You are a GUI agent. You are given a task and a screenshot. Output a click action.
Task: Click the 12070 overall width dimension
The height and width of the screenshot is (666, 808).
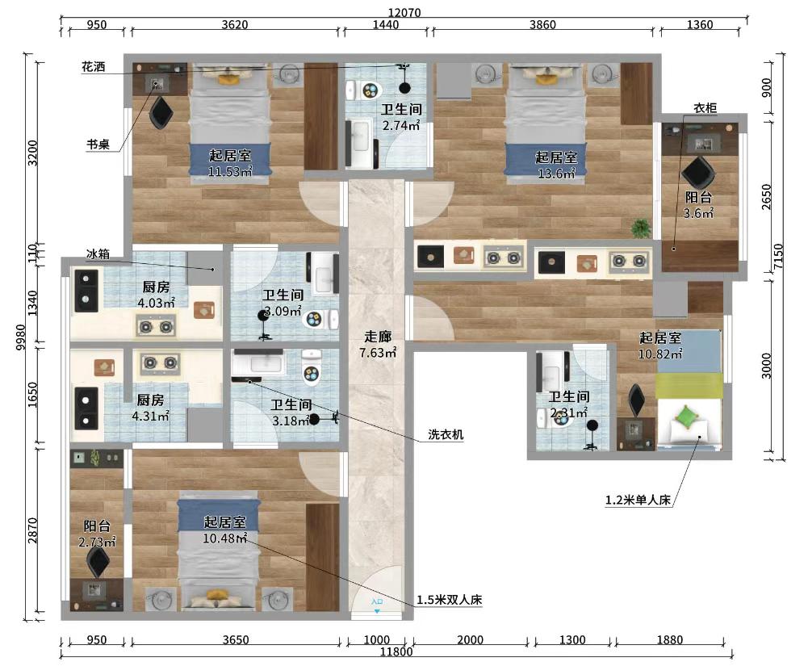404,13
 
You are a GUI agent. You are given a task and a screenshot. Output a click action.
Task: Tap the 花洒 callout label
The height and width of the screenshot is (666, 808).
94,67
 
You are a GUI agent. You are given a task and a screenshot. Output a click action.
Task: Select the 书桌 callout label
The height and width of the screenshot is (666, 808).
98,145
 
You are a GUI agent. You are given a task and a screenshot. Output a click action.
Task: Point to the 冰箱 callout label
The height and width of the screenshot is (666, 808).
98,254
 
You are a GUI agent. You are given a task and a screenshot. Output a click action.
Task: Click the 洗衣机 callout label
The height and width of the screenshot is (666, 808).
446,434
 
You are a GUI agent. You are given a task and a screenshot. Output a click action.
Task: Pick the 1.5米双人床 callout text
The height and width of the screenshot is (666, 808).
450,600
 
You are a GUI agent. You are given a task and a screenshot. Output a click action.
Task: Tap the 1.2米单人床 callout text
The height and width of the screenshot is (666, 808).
638,500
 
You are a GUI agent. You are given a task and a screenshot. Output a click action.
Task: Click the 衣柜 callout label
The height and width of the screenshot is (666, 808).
705,108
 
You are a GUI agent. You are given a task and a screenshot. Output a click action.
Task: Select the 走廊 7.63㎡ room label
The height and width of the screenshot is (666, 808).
378,345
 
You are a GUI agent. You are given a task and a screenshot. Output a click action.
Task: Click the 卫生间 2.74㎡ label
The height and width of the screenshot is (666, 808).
401,117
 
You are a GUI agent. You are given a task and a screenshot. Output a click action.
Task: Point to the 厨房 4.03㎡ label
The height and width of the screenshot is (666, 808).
156,295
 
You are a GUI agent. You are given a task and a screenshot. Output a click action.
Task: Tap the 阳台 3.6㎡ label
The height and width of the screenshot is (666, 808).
698,205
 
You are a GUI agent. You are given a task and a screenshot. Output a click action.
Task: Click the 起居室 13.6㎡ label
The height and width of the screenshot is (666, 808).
556,165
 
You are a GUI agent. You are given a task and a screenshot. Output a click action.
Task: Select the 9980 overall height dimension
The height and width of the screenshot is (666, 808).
21,337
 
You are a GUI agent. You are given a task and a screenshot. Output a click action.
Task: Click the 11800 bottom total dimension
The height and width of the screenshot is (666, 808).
396,652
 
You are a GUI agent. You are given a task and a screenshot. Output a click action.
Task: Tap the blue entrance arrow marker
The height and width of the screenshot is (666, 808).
377,610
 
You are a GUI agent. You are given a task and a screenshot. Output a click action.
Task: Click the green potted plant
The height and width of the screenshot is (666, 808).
641,228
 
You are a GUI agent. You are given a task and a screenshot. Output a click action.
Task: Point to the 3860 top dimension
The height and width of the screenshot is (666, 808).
542,25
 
